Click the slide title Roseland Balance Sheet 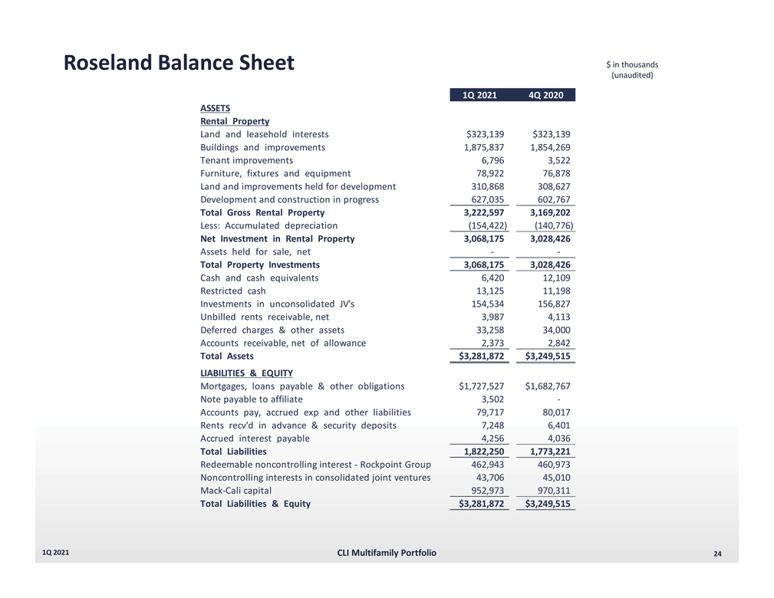click(x=179, y=63)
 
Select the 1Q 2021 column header click(x=479, y=95)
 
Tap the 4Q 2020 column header click(x=546, y=95)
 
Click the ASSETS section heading click(x=215, y=108)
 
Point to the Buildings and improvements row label click(x=262, y=147)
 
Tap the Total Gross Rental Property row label click(x=262, y=212)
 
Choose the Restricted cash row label click(x=233, y=291)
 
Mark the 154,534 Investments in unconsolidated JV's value click(x=487, y=304)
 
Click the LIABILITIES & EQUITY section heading click(x=246, y=373)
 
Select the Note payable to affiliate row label click(x=252, y=399)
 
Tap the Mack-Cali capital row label click(x=235, y=491)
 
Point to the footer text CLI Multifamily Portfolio click(x=387, y=553)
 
